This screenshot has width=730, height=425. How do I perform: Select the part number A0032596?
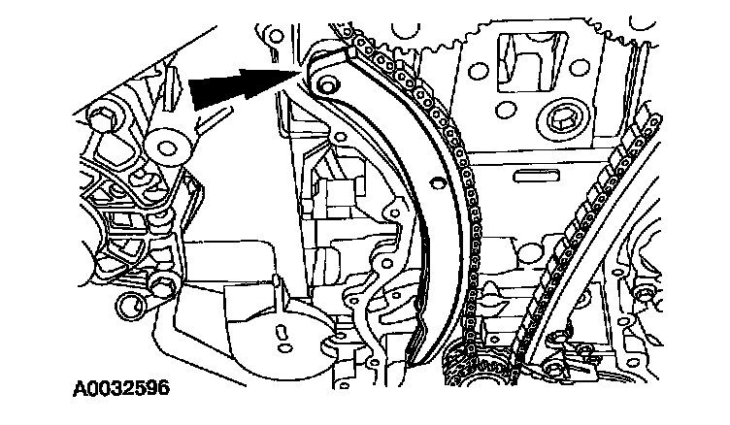point(121,389)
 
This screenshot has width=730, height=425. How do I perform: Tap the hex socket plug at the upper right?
point(559,122)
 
